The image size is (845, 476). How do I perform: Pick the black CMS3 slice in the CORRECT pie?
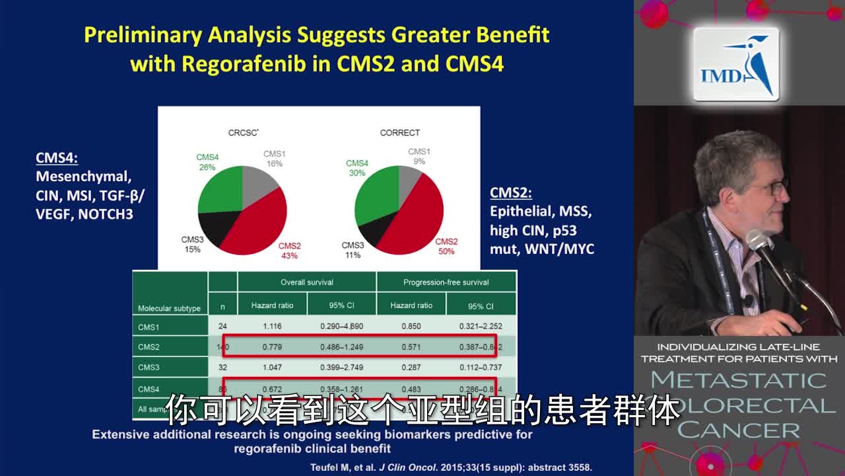tap(370, 232)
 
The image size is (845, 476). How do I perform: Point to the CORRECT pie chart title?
tap(399, 133)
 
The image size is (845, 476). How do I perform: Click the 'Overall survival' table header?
tap(307, 282)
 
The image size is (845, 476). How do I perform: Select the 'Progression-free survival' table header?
tap(446, 282)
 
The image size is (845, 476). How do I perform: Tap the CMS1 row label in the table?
tap(149, 327)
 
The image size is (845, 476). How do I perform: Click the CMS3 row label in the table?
tap(149, 368)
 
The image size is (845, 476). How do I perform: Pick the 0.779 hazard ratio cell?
tap(272, 347)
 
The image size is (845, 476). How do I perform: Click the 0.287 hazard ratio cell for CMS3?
tap(411, 368)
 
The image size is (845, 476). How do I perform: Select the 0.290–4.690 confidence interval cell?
tap(341, 327)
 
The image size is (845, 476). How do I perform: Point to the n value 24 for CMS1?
tap(222, 327)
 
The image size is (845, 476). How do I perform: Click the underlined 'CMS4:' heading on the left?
tap(57, 158)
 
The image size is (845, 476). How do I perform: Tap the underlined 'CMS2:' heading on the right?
tap(510, 193)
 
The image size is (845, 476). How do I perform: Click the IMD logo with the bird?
tap(735, 64)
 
